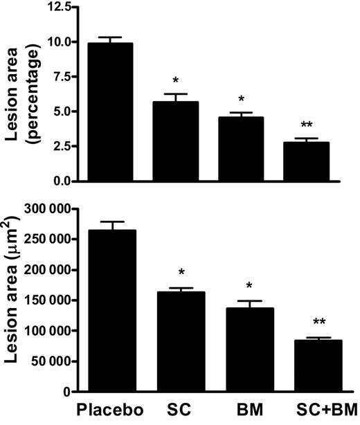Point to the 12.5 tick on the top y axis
pos(57,7)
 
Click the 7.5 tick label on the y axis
pos(60,77)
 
